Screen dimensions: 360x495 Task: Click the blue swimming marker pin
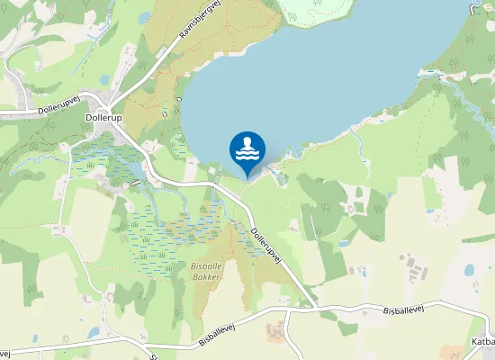pyautogui.click(x=247, y=150)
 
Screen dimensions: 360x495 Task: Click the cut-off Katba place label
pyautogui.click(x=482, y=342)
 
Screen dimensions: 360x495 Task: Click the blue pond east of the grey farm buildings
pyautogui.click(x=468, y=269)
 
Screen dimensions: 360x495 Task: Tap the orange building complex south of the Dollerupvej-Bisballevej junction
pyautogui.click(x=274, y=330)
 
